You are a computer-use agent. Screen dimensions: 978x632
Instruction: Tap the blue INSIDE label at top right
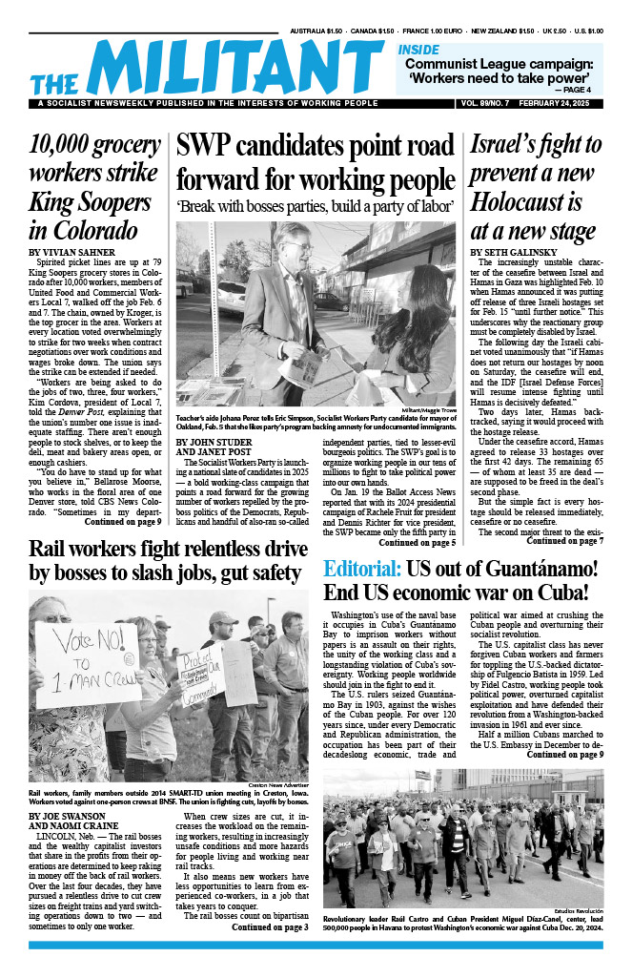click(x=419, y=49)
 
